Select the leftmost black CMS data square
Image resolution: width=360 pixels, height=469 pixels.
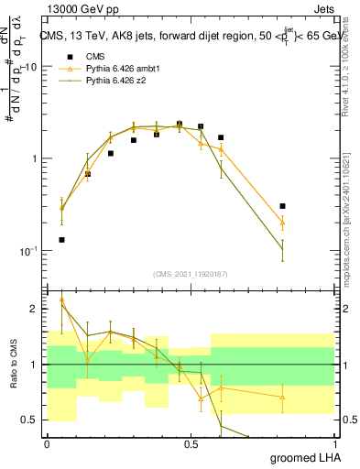pos(61,240)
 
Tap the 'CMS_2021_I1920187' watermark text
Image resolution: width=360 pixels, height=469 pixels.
pos(191,274)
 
